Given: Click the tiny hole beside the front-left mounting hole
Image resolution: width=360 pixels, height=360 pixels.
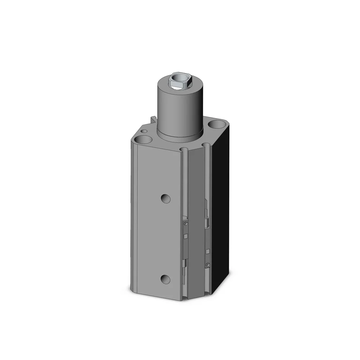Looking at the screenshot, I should pyautogui.click(x=144, y=131).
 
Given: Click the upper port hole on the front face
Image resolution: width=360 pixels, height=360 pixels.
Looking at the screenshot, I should pyautogui.click(x=165, y=198).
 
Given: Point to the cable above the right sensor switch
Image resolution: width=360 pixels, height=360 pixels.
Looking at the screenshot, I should pyautogui.click(x=206, y=209).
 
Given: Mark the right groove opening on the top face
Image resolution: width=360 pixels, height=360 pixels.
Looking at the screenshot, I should pyautogui.click(x=207, y=145).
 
